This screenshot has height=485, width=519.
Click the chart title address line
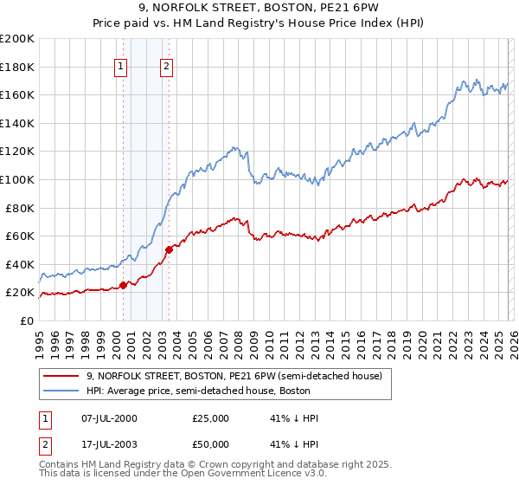pyautogui.click(x=259, y=8)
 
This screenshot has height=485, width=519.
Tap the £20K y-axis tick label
pyautogui.click(x=20, y=293)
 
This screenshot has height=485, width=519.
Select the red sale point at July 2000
pyautogui.click(x=123, y=285)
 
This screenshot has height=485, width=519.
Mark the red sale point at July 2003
pyautogui.click(x=169, y=249)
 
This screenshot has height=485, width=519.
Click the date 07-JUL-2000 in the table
pyautogui.click(x=108, y=418)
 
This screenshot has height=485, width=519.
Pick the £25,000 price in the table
pyautogui.click(x=210, y=418)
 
